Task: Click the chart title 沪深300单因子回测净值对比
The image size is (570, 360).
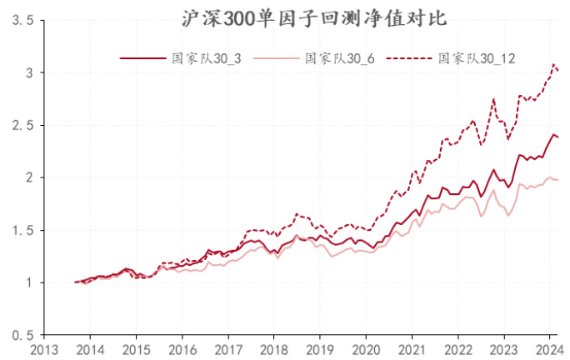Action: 284,18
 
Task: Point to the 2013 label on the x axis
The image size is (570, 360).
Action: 45,350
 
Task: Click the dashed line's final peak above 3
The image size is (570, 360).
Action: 553,64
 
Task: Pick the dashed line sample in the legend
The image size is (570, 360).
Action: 412,58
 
